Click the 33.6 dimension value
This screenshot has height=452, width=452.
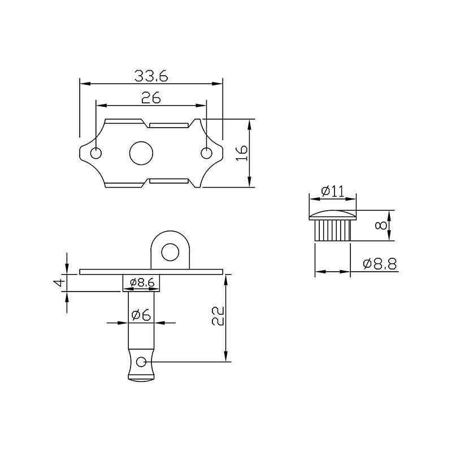(x=151, y=76)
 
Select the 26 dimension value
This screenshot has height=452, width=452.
(x=151, y=98)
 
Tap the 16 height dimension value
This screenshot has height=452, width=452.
(x=242, y=153)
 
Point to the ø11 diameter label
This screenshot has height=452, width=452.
(x=333, y=191)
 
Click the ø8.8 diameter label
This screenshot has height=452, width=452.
(x=380, y=264)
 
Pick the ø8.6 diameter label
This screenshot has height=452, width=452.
(x=142, y=282)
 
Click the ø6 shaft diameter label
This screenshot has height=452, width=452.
(x=141, y=315)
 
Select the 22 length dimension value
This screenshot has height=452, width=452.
(x=218, y=316)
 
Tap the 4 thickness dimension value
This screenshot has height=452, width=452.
(x=60, y=282)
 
